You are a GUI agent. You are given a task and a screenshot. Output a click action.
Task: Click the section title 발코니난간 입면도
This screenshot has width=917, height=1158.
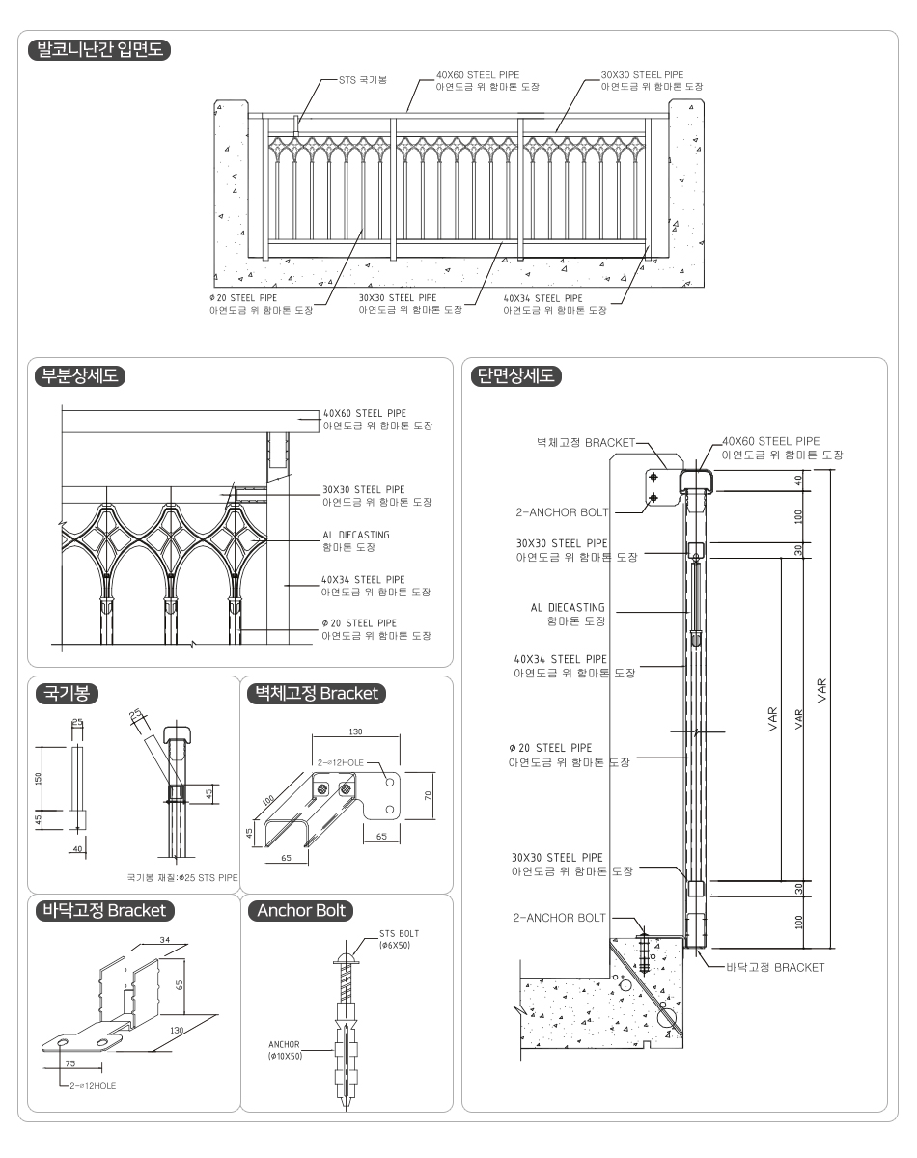(101, 50)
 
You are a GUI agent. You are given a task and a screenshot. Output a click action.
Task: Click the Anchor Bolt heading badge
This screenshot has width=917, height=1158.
(300, 910)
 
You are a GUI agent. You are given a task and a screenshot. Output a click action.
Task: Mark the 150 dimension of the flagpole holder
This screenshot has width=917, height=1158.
(40, 778)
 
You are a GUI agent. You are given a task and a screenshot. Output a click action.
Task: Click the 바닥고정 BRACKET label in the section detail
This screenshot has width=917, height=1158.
(774, 967)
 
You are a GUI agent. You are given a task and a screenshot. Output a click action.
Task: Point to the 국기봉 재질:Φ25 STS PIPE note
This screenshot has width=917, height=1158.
(182, 878)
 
